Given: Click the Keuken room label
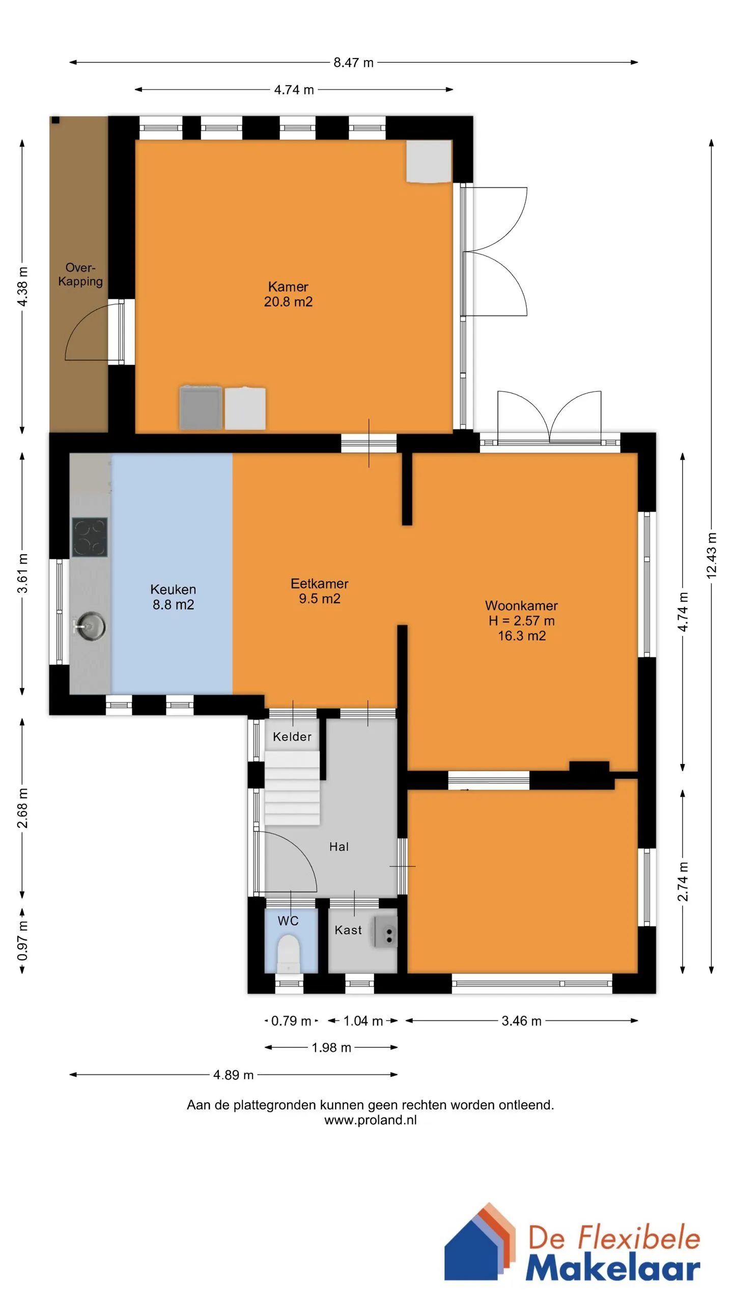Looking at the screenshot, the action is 173,589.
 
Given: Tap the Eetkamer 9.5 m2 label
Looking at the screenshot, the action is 320,591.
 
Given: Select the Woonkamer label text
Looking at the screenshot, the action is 521,606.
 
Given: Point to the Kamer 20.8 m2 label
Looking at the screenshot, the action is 288,294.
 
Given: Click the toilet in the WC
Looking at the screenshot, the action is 289,954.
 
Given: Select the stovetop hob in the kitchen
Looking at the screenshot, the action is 90,537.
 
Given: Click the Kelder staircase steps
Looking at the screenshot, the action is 292,788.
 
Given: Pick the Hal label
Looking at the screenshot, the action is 339,847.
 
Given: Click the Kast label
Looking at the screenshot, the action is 348,930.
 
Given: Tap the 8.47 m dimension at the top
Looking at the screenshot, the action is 353,63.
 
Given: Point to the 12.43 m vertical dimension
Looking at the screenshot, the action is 712,555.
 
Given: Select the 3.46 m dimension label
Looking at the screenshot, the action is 521,1021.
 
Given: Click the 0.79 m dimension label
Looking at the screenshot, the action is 291,1021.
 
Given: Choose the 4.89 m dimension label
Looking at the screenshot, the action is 233,1075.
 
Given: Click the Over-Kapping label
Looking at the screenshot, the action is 80,274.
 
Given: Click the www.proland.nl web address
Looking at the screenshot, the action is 371,1120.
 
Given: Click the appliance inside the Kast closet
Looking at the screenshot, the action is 385,932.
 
